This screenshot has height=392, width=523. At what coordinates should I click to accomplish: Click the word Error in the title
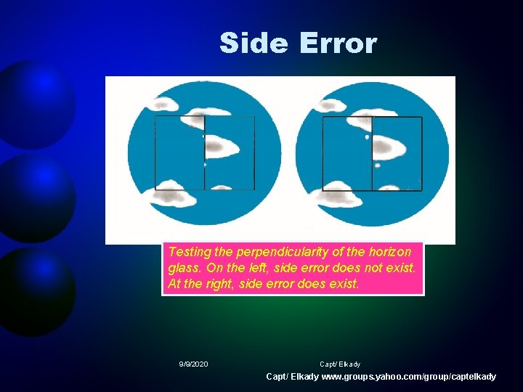click(337, 43)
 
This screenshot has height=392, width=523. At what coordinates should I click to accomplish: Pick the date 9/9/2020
click(193, 364)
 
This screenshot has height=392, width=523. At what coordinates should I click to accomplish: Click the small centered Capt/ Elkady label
click(340, 364)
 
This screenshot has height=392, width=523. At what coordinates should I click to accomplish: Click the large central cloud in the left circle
click(221, 148)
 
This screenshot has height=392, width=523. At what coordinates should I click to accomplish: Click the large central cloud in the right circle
click(389, 148)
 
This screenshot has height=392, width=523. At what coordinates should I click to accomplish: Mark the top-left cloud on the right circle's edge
click(333, 106)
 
